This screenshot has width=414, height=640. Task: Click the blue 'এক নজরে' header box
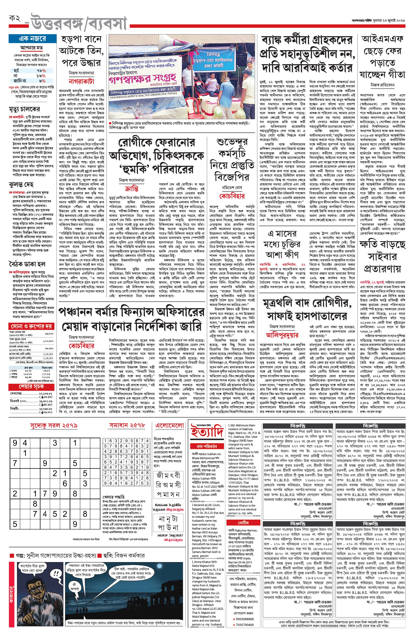click(32, 39)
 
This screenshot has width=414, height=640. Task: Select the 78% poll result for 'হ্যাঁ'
click(41, 71)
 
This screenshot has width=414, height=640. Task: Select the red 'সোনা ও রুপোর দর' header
click(31, 326)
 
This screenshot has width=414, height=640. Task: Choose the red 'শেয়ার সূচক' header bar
click(31, 387)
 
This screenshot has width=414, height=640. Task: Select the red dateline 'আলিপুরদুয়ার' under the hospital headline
click(282, 335)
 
